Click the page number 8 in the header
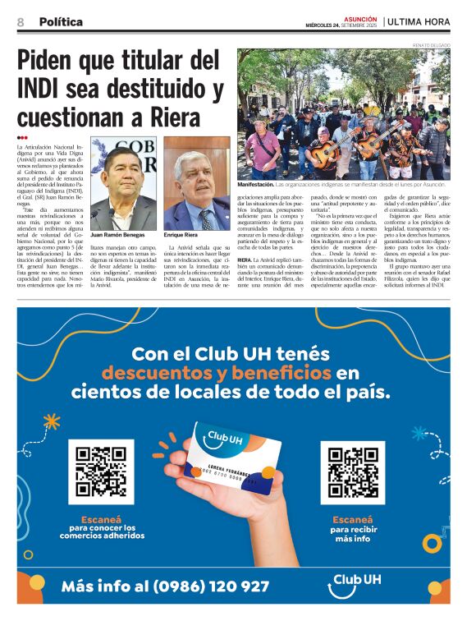coord(20,22)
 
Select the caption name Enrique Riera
coord(181,234)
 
